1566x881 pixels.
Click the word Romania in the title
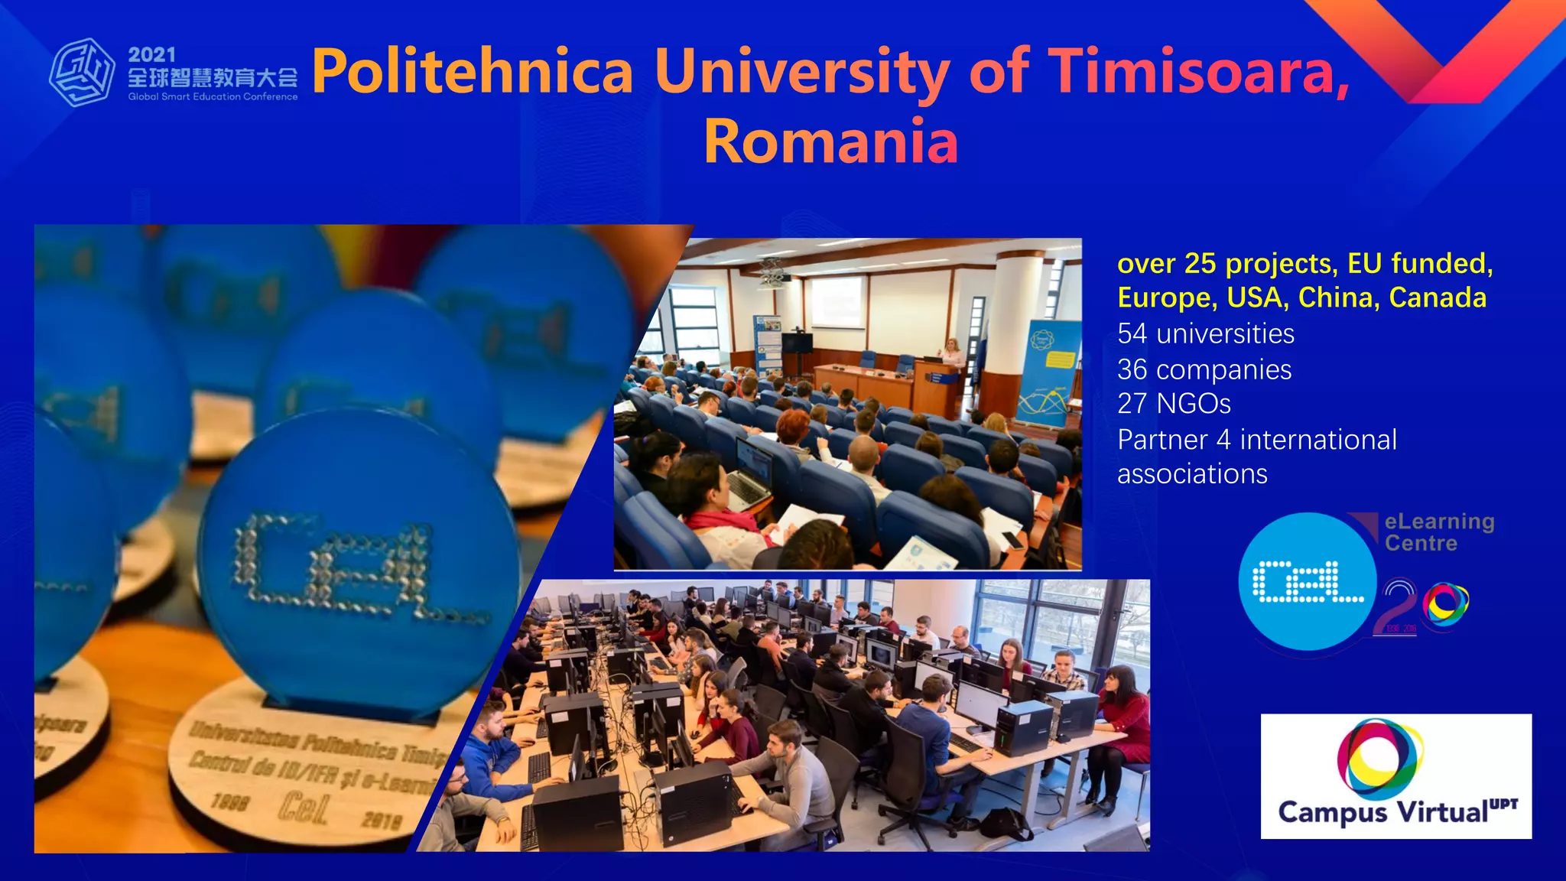click(830, 142)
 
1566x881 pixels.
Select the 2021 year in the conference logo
click(151, 54)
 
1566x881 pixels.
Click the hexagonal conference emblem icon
click(82, 73)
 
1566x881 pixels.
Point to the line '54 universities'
click(1205, 334)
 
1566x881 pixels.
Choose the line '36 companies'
click(1204, 370)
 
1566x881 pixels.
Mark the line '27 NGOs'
click(1174, 404)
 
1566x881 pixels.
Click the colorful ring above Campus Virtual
click(1380, 756)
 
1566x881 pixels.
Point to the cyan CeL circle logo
click(1308, 582)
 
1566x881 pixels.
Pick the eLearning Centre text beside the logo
click(1438, 532)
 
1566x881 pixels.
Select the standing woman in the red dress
click(1122, 727)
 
